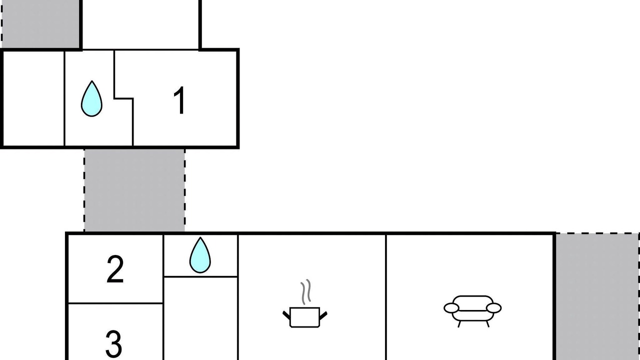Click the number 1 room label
pyautogui.click(x=179, y=100)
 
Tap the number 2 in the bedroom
pyautogui.click(x=115, y=269)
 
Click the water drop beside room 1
pyautogui.click(x=91, y=99)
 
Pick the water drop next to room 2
pyautogui.click(x=200, y=255)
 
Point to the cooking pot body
pyautogui.click(x=304, y=317)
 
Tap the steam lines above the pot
pyautogui.click(x=305, y=291)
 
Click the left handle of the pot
pyautogui.click(x=286, y=315)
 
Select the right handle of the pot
pyautogui.click(x=323, y=315)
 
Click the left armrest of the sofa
pyautogui.click(x=451, y=308)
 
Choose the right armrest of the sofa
pyautogui.click(x=493, y=308)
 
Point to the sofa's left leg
pyautogui.click(x=459, y=324)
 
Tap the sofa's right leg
pyautogui.click(x=487, y=324)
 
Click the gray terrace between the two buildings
pyautogui.click(x=134, y=190)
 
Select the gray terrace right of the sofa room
pyautogui.click(x=597, y=296)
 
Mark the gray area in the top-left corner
pyautogui.click(x=40, y=24)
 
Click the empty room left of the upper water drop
pyautogui.click(x=33, y=98)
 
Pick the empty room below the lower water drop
pyautogui.click(x=200, y=318)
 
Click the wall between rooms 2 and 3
pyautogui.click(x=115, y=303)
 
